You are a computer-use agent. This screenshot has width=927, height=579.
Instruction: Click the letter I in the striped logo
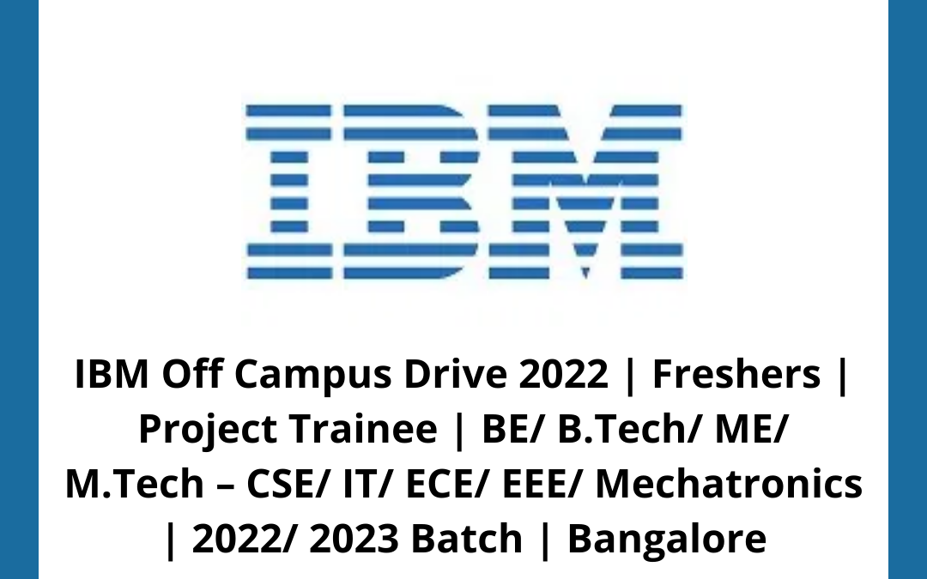click(x=288, y=191)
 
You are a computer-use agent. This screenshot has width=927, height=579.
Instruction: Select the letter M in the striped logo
click(x=586, y=191)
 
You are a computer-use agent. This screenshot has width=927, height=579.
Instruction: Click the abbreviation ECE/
click(x=425, y=485)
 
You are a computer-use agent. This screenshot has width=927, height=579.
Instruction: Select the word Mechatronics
click(x=729, y=485)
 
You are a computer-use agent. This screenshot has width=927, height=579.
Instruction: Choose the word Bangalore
click(x=666, y=539)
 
